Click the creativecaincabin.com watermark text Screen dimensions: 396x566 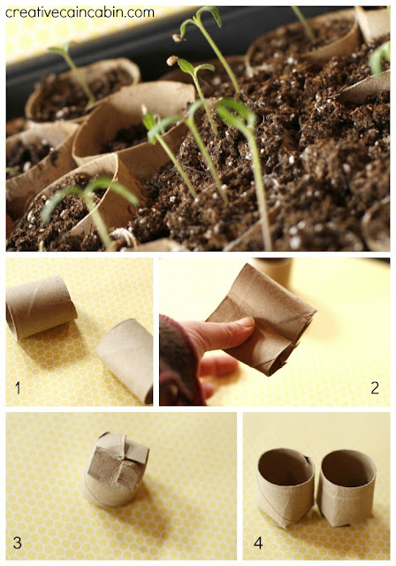click(x=80, y=12)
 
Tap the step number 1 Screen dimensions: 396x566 click(x=18, y=388)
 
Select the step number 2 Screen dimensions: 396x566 click(x=375, y=387)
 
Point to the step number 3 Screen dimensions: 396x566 click(x=17, y=542)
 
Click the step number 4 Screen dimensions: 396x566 click(x=258, y=542)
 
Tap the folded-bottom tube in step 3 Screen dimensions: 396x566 click(x=116, y=470)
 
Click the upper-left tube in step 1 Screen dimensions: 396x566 click(x=41, y=308)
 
